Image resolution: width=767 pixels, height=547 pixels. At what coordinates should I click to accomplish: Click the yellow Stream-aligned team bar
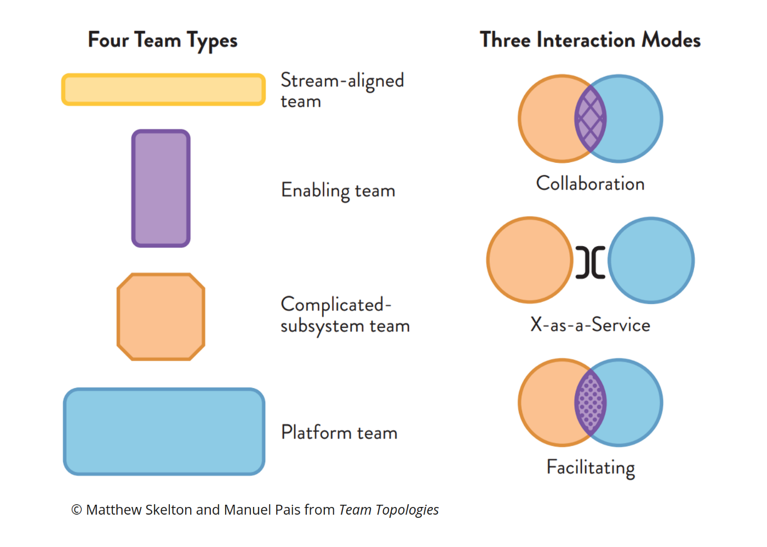click(163, 89)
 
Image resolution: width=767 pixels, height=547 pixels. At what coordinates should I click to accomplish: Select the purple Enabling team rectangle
click(161, 189)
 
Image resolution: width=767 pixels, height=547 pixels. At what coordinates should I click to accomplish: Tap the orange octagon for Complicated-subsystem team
click(161, 317)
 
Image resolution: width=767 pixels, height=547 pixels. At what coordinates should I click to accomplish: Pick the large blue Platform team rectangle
click(164, 432)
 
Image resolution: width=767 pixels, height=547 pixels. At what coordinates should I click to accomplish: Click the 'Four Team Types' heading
click(163, 41)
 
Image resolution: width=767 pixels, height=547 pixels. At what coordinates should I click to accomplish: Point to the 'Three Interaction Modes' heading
click(590, 40)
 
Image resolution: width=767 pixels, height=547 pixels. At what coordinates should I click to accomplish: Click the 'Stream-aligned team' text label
click(342, 90)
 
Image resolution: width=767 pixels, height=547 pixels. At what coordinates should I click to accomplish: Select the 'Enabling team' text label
click(338, 191)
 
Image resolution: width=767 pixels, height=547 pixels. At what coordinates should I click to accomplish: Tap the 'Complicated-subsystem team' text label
click(345, 315)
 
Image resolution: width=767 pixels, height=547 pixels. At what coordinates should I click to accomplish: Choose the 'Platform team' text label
click(339, 432)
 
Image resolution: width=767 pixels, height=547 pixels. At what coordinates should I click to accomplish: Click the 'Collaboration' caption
click(590, 184)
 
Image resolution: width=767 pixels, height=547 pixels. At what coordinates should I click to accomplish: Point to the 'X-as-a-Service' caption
click(590, 325)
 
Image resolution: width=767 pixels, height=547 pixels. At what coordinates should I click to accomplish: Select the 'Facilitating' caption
click(591, 468)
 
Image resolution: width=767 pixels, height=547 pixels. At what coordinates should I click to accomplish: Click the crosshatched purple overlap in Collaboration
click(591, 118)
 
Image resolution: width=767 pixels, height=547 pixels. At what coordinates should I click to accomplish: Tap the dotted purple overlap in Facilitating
click(591, 403)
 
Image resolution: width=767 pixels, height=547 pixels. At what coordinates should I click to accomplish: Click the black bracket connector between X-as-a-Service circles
click(591, 262)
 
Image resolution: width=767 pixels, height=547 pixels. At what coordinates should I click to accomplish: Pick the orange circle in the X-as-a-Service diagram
click(529, 260)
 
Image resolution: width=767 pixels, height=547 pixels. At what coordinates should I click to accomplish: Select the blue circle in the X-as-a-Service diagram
click(651, 260)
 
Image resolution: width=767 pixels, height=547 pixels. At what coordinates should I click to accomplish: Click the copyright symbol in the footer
click(77, 510)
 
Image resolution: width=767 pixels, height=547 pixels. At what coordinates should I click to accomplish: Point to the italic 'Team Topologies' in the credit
click(388, 510)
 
